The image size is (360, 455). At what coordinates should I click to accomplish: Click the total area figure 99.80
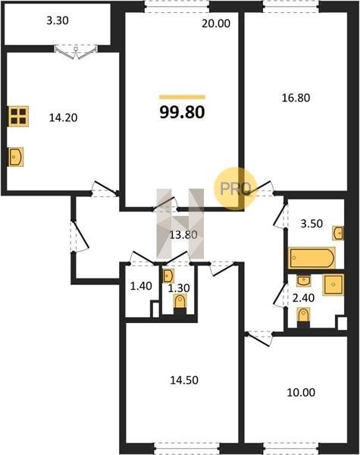click(x=182, y=112)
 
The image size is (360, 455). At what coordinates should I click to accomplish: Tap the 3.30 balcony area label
click(x=58, y=20)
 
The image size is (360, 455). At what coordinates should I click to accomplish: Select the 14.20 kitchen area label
click(x=63, y=118)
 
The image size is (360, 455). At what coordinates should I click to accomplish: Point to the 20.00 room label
click(x=216, y=24)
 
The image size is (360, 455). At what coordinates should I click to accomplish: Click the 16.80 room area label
click(x=296, y=98)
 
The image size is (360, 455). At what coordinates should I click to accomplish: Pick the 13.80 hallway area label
click(x=183, y=234)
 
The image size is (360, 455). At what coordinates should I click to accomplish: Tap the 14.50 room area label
click(x=184, y=380)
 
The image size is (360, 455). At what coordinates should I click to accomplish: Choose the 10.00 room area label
click(x=301, y=392)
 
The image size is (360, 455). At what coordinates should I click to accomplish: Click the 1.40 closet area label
click(x=141, y=286)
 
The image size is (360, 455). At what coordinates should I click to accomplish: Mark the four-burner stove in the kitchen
click(x=18, y=116)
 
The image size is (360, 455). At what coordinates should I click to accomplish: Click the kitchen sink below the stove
click(x=16, y=157)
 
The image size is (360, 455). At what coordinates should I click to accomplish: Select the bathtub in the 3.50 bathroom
click(x=311, y=258)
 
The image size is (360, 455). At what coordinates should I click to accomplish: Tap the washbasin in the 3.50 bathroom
click(x=338, y=233)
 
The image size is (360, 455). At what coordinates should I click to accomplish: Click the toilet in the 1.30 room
click(x=180, y=302)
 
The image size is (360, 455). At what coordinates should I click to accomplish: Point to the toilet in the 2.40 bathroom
click(x=303, y=315)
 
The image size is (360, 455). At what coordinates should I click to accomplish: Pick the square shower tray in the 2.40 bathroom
click(x=333, y=284)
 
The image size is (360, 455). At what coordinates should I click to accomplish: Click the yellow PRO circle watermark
click(x=235, y=188)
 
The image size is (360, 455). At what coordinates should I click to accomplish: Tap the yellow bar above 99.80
click(x=182, y=97)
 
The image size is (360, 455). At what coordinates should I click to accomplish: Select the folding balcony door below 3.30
click(x=76, y=52)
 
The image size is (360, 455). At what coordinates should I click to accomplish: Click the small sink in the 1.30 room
click(x=168, y=276)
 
